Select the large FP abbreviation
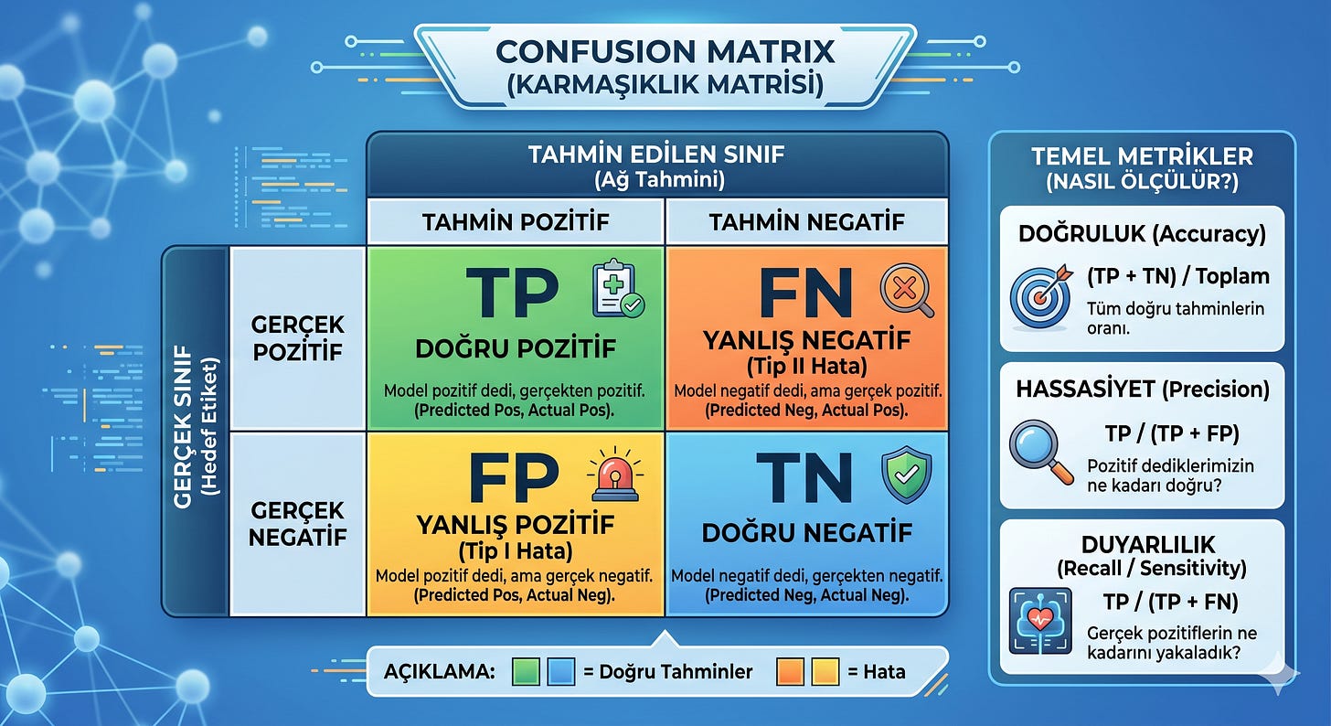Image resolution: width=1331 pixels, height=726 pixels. [514, 477]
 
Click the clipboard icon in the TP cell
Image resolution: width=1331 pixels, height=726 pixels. [618, 288]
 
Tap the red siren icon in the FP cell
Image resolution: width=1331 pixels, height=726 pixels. [615, 475]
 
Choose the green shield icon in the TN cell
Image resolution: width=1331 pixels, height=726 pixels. [906, 475]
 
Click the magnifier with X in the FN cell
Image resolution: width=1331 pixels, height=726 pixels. [907, 291]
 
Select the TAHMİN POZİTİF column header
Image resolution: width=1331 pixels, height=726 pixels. [516, 222]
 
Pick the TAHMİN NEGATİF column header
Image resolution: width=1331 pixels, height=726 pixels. [806, 222]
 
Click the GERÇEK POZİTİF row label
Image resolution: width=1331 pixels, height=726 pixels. [297, 338]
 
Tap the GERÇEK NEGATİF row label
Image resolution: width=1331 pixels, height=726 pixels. [297, 523]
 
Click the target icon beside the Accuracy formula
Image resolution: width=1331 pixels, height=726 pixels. [1041, 295]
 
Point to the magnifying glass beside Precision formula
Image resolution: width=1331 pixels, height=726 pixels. [1040, 452]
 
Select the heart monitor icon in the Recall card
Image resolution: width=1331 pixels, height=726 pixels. [1040, 621]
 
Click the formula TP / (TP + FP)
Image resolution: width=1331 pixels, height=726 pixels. [1172, 433]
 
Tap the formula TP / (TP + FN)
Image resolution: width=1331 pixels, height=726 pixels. [1170, 602]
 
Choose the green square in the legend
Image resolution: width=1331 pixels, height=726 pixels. [526, 671]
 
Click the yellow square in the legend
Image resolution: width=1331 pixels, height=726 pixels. [825, 671]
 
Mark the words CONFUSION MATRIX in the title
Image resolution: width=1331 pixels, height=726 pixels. [665, 52]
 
